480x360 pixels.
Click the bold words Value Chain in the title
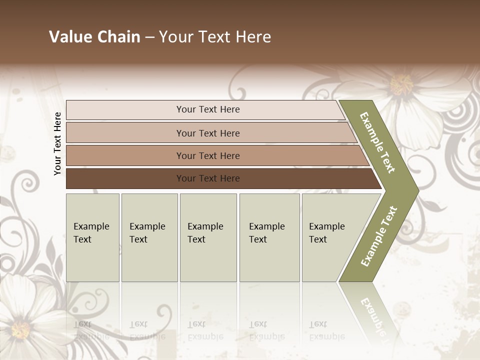pyautogui.click(x=94, y=37)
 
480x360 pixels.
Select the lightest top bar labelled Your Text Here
pyautogui.click(x=207, y=109)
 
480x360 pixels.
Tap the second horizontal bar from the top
pyautogui.click(x=207, y=133)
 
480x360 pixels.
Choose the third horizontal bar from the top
pyautogui.click(x=207, y=155)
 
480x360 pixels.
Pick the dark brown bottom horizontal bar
pyautogui.click(x=207, y=178)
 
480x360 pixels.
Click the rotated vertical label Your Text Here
pyautogui.click(x=57, y=143)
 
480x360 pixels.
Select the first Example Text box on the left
pyautogui.click(x=92, y=237)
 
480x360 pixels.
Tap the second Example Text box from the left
pyautogui.click(x=149, y=237)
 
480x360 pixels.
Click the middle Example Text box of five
pyautogui.click(x=208, y=237)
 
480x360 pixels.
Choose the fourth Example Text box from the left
pyautogui.click(x=269, y=237)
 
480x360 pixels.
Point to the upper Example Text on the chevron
pyautogui.click(x=377, y=142)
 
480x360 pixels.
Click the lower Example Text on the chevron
pyautogui.click(x=379, y=236)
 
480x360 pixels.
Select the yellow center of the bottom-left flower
pyautogui.click(x=20, y=329)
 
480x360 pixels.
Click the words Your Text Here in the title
pyautogui.click(x=215, y=37)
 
